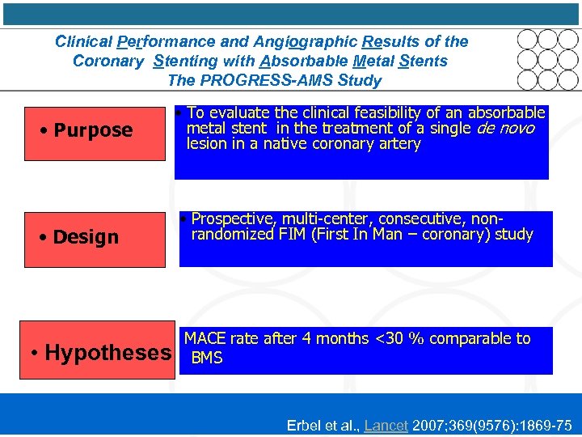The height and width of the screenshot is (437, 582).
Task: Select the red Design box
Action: coord(83,237)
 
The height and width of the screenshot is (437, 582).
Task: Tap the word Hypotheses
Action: coord(108,353)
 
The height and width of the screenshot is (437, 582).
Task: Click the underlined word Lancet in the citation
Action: coord(386,425)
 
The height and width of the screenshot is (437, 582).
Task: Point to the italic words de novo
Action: coord(505,129)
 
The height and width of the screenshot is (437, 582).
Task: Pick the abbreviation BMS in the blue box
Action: coord(207,357)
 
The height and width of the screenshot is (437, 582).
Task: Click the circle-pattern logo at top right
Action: coord(547,59)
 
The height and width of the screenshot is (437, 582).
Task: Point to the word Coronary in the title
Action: coord(108,62)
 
